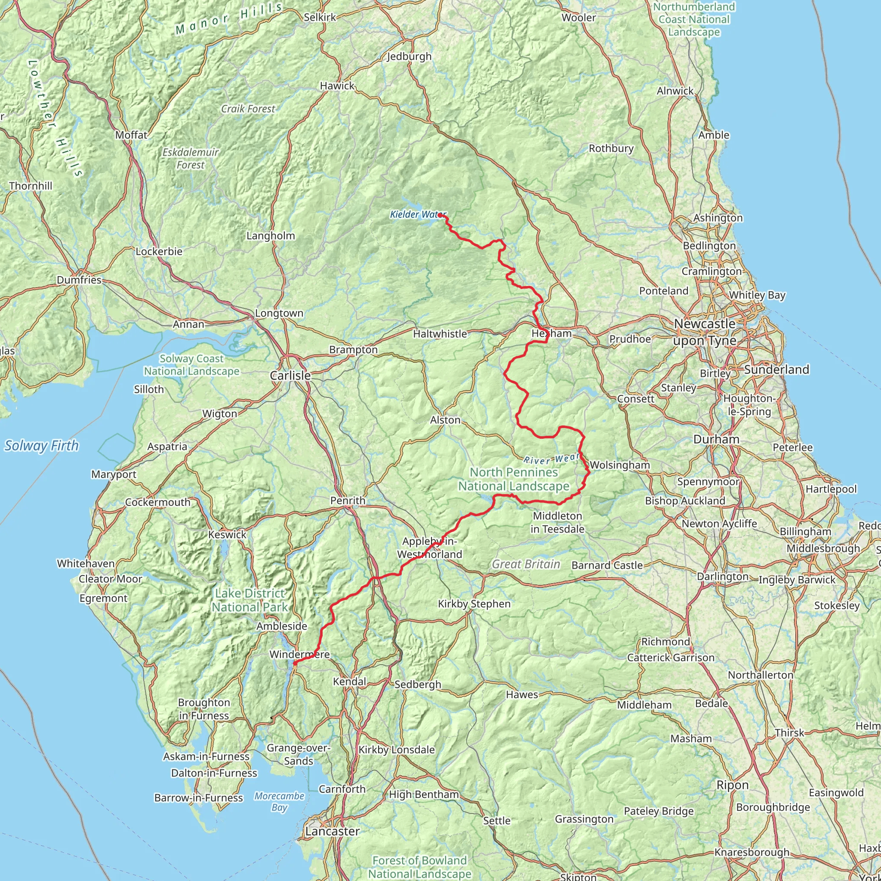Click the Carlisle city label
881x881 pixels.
coord(290,376)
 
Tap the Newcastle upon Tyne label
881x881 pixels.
coord(705,333)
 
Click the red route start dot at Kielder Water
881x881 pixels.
coord(440,215)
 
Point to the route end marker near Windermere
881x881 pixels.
coord(295,663)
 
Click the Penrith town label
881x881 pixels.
coord(348,501)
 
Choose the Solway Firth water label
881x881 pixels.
coord(41,446)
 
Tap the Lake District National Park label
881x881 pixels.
coord(250,600)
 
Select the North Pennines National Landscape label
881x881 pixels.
coord(514,479)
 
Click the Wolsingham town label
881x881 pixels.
coord(619,465)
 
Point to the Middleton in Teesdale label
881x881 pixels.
coord(557,522)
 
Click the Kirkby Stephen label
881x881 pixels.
coord(474,604)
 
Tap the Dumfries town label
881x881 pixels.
coord(79,280)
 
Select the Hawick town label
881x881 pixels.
coord(337,86)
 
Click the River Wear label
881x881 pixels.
coord(551,459)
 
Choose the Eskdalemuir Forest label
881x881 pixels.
coord(191,158)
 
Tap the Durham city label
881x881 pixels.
coord(716,440)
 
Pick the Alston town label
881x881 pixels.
coord(445,420)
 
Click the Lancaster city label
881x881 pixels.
coord(332,831)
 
